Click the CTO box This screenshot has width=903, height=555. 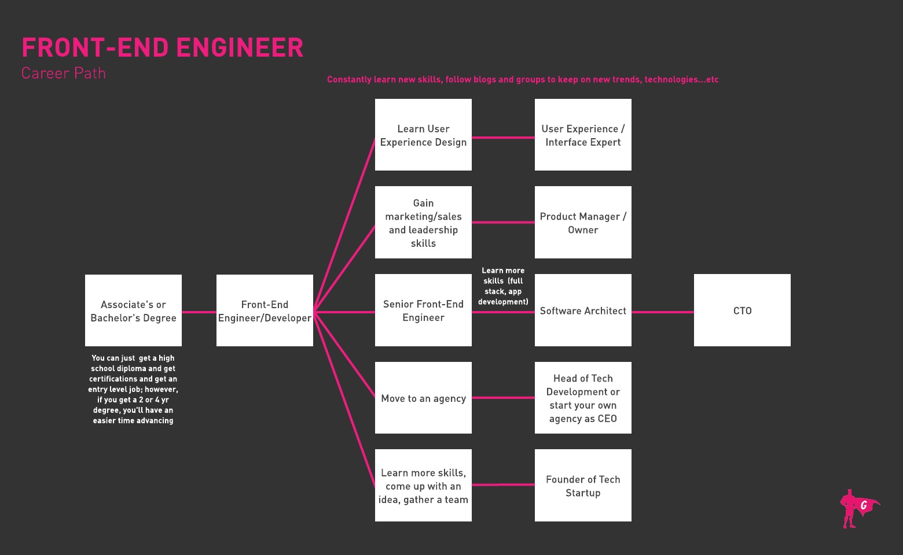pyautogui.click(x=742, y=310)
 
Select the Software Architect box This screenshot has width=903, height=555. pyautogui.click(x=583, y=310)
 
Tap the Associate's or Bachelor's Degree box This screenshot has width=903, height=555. pyautogui.click(x=133, y=310)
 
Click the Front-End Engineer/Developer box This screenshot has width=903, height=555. pyautogui.click(x=265, y=310)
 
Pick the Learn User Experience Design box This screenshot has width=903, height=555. pyautogui.click(x=423, y=135)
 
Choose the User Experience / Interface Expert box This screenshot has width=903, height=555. pyautogui.click(x=583, y=135)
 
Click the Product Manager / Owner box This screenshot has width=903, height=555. pyautogui.click(x=583, y=223)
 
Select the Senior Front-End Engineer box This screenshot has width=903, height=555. pyautogui.click(x=423, y=310)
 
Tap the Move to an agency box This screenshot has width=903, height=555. pyautogui.click(x=423, y=398)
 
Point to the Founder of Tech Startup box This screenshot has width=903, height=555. pyautogui.click(x=583, y=486)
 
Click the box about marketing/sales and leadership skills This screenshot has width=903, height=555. pyautogui.click(x=423, y=223)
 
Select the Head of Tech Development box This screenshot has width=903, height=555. pyautogui.click(x=583, y=398)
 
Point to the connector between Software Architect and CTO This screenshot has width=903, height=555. pyautogui.click(x=663, y=312)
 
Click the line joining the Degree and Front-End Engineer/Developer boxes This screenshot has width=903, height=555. pyautogui.click(x=199, y=312)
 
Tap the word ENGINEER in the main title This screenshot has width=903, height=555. pyautogui.click(x=240, y=47)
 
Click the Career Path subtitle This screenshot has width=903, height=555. pyautogui.click(x=64, y=73)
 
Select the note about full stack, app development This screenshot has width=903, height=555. pyautogui.click(x=503, y=286)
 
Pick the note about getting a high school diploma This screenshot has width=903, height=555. pyautogui.click(x=133, y=389)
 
